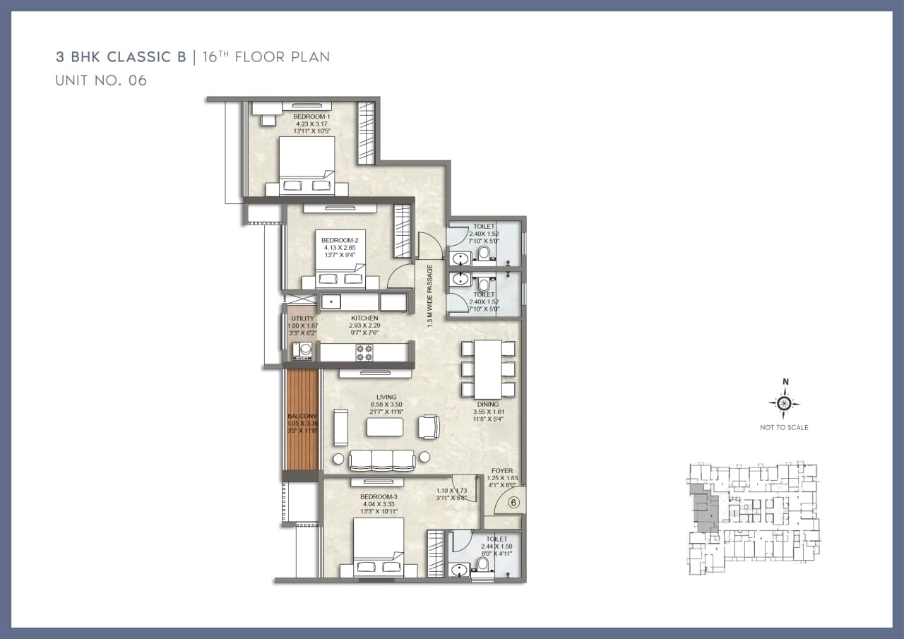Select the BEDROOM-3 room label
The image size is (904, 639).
point(379,496)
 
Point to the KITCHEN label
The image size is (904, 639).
point(365,318)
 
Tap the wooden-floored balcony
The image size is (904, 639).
point(302,420)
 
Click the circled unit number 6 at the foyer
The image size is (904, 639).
point(513,503)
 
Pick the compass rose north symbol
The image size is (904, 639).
point(784,403)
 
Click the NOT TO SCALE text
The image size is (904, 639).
point(784,427)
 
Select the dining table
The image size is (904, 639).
point(487,369)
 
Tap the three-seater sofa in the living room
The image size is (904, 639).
point(382,459)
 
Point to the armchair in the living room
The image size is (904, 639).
point(429,426)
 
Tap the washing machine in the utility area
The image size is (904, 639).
point(305,349)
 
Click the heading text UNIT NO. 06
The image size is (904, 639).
point(101,80)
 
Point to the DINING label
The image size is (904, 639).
point(487,405)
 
